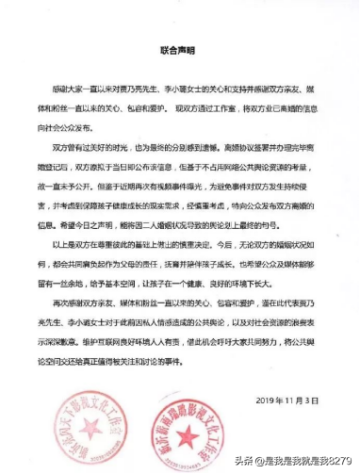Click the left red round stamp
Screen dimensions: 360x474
(94, 419)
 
